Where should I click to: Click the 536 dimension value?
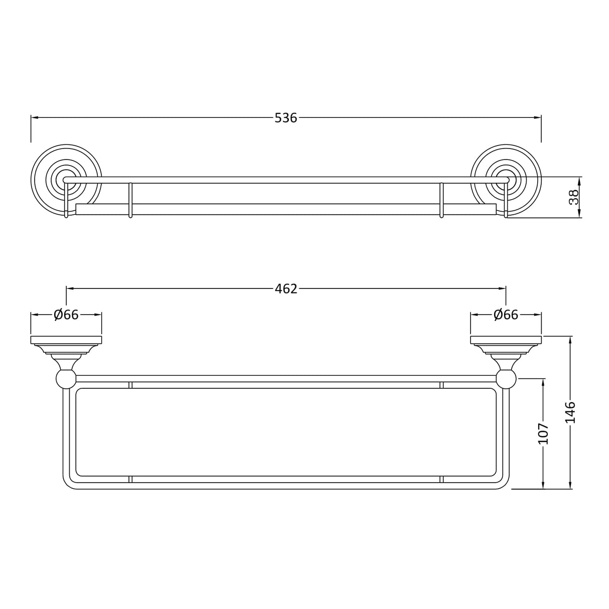[x=286, y=118]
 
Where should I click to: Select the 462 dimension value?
[x=286, y=289]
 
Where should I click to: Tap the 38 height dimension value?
[x=574, y=197]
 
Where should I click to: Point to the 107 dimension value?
[x=543, y=434]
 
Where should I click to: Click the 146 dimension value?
[x=571, y=412]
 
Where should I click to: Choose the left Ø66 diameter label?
[x=66, y=315]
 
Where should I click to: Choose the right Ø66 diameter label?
[x=506, y=315]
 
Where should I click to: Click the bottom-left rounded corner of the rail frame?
[x=68, y=482]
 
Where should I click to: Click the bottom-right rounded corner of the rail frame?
[x=503, y=482]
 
